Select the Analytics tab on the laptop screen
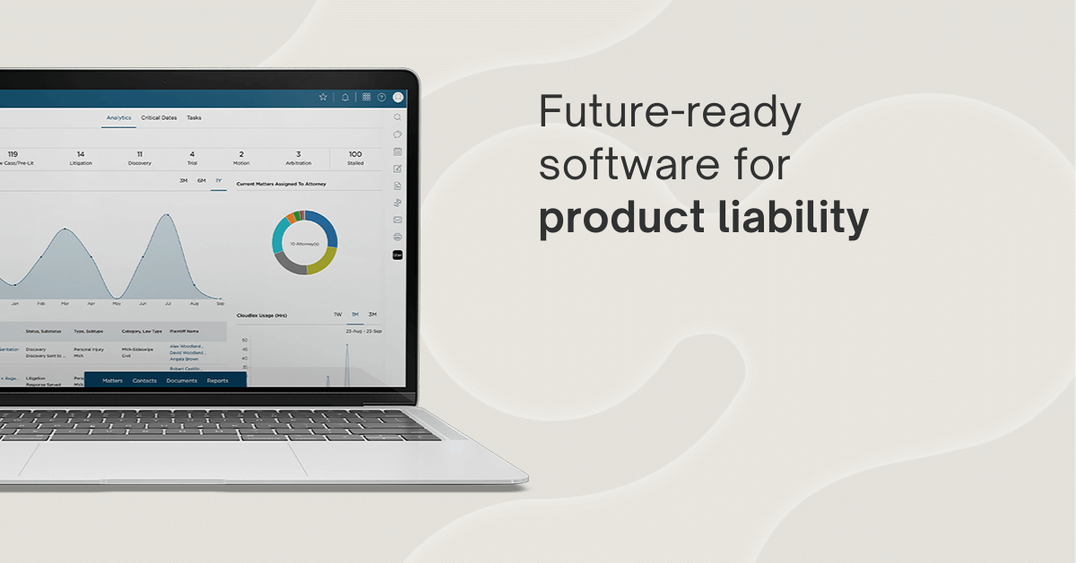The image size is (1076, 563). click(x=118, y=117)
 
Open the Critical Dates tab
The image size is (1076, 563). click(x=159, y=117)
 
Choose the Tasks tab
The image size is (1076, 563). click(x=194, y=117)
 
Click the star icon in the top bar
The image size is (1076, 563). click(x=323, y=97)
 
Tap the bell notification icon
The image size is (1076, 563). click(x=345, y=97)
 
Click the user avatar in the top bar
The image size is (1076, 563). click(x=398, y=97)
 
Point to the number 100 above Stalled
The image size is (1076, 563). click(x=355, y=153)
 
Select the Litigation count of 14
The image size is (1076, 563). click(x=81, y=153)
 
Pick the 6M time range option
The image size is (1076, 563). click(x=202, y=180)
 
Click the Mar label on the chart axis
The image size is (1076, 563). click(x=89, y=303)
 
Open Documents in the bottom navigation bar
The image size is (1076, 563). click(x=181, y=380)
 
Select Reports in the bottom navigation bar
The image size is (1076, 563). click(x=217, y=380)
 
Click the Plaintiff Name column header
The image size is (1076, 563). click(x=184, y=331)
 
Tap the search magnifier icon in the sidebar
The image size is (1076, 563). click(x=397, y=117)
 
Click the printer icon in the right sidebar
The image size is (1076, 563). click(x=397, y=237)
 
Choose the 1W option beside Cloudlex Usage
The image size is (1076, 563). click(x=337, y=315)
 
